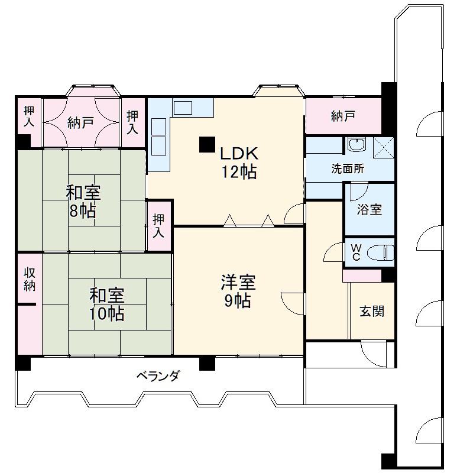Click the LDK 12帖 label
pyautogui.click(x=238, y=163)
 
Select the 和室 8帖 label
pyautogui.click(x=82, y=202)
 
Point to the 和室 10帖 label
pyautogui.click(x=106, y=304)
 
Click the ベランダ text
pyautogui.click(x=158, y=375)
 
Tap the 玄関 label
pyautogui.click(x=372, y=310)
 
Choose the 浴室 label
pyautogui.click(x=370, y=209)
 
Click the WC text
pyautogui.click(x=356, y=252)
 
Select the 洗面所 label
pyautogui.click(x=347, y=169)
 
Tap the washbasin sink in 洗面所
pyautogui.click(x=357, y=144)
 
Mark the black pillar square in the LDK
pyautogui.click(x=206, y=144)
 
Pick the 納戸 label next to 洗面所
pyautogui.click(x=343, y=116)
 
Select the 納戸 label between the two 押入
pyautogui.click(x=81, y=123)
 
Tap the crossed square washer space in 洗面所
pyautogui.click(x=383, y=145)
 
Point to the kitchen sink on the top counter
pyautogui.click(x=183, y=108)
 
